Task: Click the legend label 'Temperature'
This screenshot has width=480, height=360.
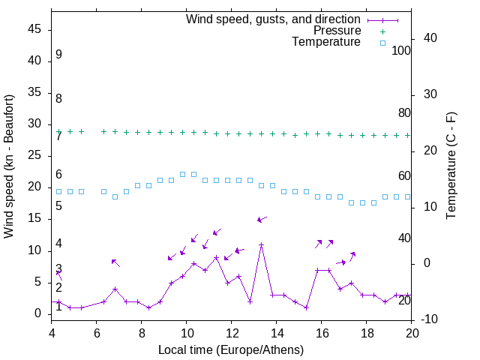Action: [x=326, y=42]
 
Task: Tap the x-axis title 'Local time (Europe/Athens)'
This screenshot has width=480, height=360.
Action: [x=231, y=349]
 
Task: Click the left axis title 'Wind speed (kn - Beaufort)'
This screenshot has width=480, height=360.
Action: [x=9, y=166]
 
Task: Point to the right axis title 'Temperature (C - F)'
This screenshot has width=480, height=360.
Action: [x=451, y=166]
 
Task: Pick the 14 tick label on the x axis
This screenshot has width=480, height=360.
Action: [x=277, y=333]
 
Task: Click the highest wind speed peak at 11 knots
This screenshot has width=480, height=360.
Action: [x=262, y=244]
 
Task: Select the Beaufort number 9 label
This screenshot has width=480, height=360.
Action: [x=58, y=55]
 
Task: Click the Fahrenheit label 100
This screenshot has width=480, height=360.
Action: [x=402, y=50]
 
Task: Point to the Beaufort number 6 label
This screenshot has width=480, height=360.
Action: [x=58, y=175]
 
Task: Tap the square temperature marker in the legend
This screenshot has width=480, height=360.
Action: [x=382, y=43]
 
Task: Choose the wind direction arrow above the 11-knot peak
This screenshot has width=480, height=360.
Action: [x=262, y=219]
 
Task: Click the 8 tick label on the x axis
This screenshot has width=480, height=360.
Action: [x=142, y=333]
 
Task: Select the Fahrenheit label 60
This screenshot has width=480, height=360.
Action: [x=405, y=175]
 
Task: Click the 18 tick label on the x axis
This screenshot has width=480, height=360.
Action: [x=367, y=333]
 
